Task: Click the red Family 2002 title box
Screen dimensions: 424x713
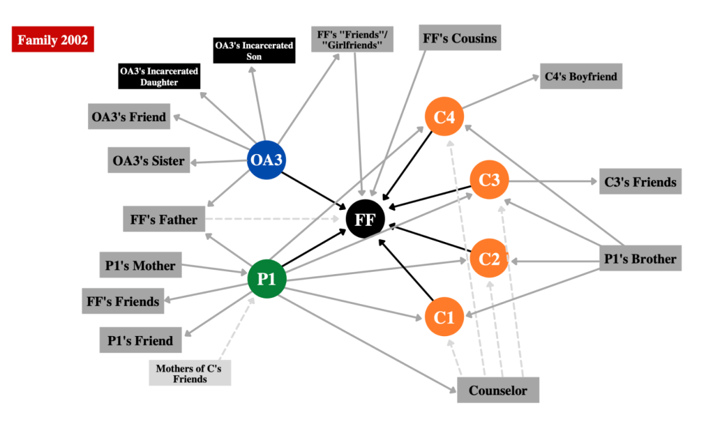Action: [53, 40]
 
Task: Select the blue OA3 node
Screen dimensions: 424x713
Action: [267, 160]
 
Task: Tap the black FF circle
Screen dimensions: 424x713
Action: [365, 219]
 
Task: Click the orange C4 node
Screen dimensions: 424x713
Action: [444, 118]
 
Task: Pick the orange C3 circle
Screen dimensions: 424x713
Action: [489, 181]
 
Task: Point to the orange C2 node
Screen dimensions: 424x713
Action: [489, 259]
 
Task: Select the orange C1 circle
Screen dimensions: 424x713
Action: [444, 317]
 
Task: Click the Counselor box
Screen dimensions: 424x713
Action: [497, 390]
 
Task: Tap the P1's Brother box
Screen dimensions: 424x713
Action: [640, 259]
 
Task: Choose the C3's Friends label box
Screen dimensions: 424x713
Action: [640, 182]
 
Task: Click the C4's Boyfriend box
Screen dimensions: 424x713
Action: [580, 76]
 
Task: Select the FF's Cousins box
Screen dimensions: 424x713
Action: [460, 38]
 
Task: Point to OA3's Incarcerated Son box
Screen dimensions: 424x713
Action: [254, 51]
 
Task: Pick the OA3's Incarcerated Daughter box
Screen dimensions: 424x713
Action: [159, 77]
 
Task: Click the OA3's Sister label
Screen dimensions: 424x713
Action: [149, 161]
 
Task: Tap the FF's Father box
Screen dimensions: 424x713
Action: [164, 220]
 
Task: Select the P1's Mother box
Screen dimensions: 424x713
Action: [140, 265]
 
